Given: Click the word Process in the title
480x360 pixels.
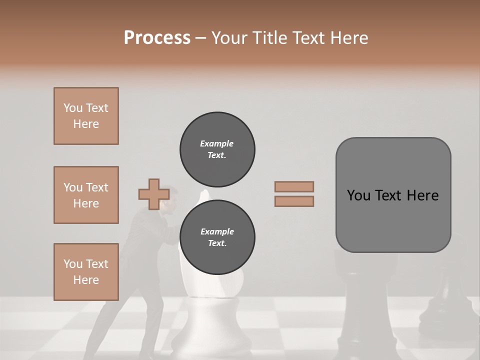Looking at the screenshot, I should click(157, 38).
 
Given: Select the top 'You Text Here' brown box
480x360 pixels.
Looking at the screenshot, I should click(86, 116).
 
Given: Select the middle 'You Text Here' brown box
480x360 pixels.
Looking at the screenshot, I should click(86, 195).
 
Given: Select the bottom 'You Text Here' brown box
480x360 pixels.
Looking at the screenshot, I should click(86, 272).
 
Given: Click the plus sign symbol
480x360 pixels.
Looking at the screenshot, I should click(153, 194).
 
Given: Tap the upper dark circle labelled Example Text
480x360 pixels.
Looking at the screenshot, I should click(217, 149).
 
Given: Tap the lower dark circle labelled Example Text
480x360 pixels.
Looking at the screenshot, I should click(217, 237).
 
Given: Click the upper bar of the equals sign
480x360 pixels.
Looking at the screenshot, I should click(294, 187).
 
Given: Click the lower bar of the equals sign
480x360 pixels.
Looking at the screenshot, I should click(294, 201).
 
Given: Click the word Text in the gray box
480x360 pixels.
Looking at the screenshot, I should click(389, 195).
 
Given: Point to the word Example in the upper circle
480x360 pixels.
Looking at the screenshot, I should click(216, 143).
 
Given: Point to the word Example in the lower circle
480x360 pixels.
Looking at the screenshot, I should click(217, 231).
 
